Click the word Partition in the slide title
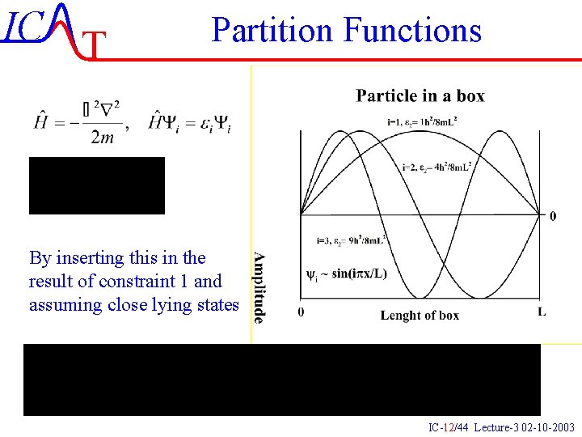point(273,31)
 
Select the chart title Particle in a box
point(420,95)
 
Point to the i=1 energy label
point(422,123)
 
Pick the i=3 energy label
point(351,240)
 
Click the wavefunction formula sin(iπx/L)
point(347,274)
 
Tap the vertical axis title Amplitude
point(259,287)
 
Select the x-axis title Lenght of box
point(420,315)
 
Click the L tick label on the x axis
point(541,312)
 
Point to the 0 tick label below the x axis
point(301,312)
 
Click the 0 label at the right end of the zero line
point(552,216)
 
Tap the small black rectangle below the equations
point(97,185)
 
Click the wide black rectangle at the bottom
point(281,380)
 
